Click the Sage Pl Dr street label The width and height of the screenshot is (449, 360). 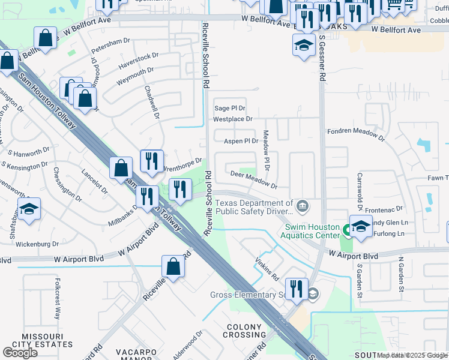(x=231, y=108)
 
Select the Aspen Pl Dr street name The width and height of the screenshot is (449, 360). (x=241, y=142)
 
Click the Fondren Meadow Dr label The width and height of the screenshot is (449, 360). (x=355, y=132)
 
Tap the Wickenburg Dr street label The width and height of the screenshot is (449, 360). (x=37, y=244)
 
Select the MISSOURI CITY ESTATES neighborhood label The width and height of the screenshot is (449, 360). (x=47, y=341)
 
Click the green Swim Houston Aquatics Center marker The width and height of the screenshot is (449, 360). (x=346, y=229)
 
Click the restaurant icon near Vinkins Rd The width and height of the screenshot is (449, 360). (x=297, y=288)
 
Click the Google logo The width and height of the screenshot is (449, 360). (x=20, y=353)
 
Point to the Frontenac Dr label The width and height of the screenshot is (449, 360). (x=382, y=208)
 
